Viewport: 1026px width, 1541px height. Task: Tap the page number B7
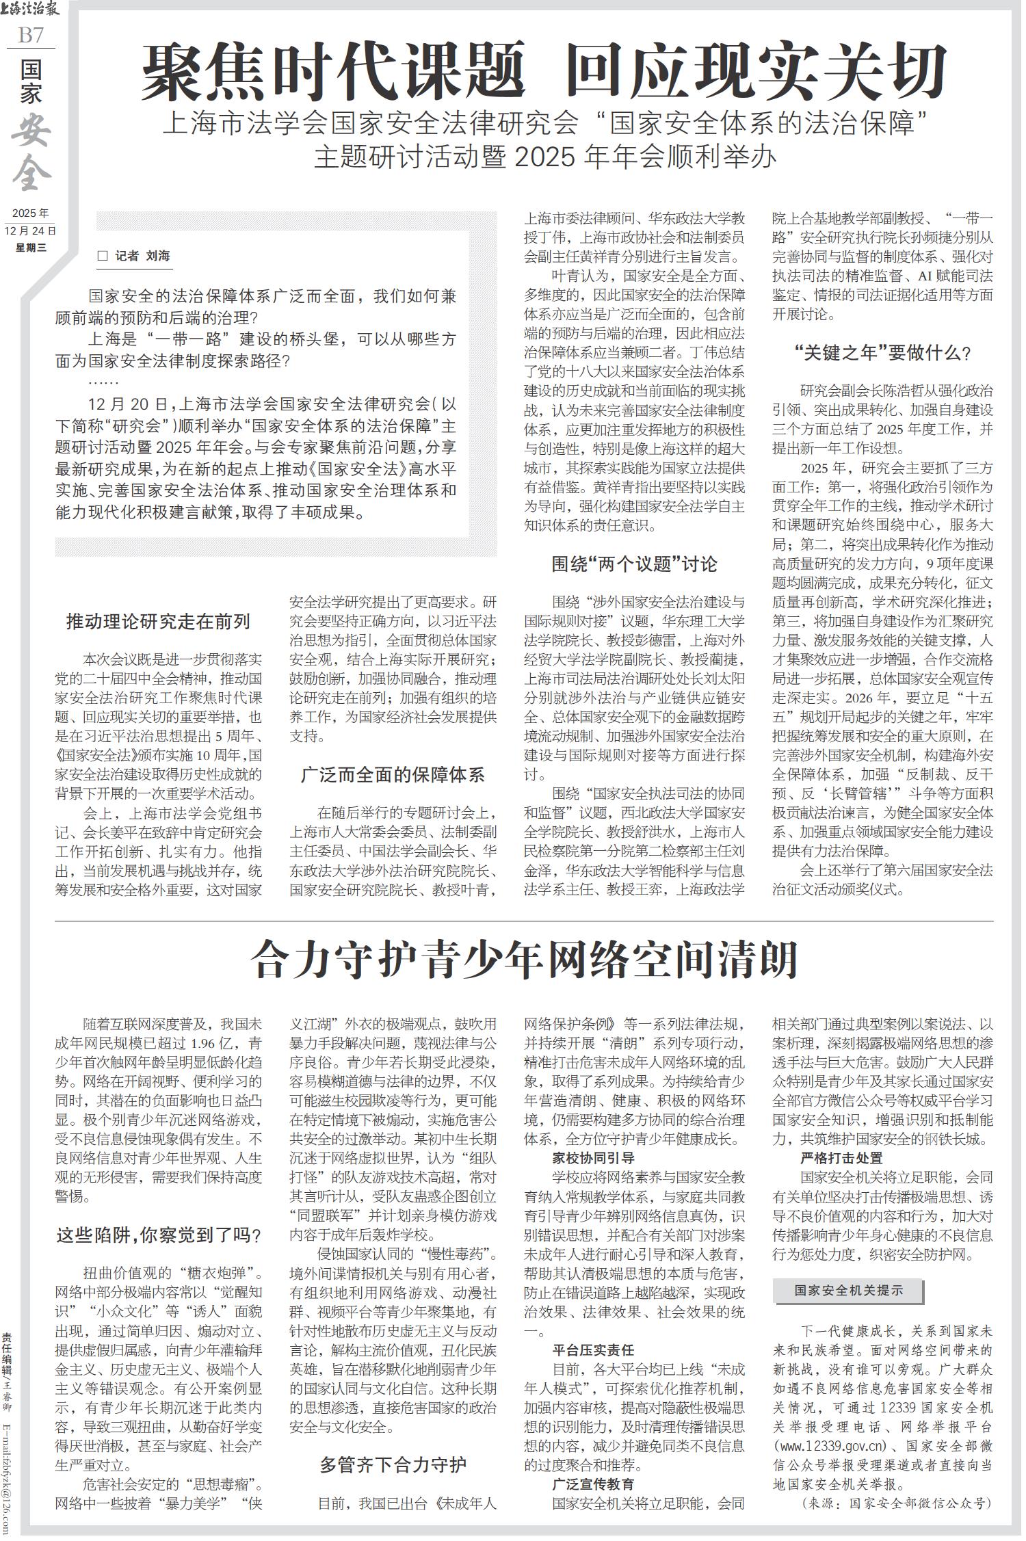coord(30,35)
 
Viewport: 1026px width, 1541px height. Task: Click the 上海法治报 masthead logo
coord(31,10)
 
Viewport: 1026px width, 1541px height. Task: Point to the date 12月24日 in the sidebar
coord(30,231)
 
